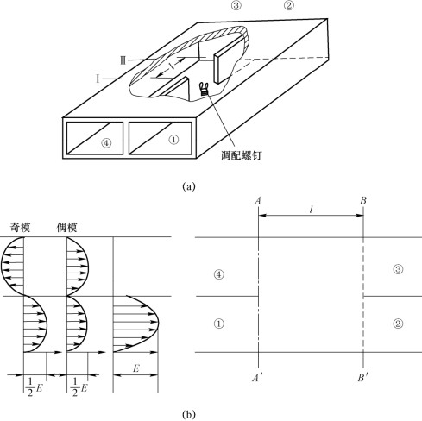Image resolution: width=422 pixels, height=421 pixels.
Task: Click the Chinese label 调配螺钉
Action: click(x=242, y=155)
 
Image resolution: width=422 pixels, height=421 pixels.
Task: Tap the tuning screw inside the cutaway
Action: click(x=205, y=89)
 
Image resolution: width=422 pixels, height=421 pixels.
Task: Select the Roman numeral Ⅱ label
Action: click(x=123, y=60)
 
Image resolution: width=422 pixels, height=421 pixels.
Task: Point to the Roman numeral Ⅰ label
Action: click(x=98, y=79)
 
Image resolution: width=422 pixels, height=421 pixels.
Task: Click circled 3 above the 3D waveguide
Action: click(x=236, y=5)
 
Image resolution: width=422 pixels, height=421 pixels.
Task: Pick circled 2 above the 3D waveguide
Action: click(x=289, y=5)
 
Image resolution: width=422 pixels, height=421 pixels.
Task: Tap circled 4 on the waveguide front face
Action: click(x=106, y=143)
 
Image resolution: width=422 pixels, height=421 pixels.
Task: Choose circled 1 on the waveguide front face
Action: click(x=173, y=140)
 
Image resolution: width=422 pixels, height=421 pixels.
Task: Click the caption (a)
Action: click(x=189, y=186)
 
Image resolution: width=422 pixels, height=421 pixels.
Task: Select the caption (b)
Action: click(x=189, y=414)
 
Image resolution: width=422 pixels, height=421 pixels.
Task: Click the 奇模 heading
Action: click(x=20, y=228)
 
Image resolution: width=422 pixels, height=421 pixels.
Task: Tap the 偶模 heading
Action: click(x=66, y=228)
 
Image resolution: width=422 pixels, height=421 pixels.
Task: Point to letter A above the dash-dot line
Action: click(x=258, y=200)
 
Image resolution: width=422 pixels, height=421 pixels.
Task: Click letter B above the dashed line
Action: click(x=363, y=200)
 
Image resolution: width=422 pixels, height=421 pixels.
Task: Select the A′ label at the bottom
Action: click(x=257, y=378)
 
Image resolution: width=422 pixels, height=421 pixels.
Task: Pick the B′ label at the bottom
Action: click(x=363, y=378)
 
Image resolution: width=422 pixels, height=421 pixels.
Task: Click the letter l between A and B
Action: click(x=311, y=210)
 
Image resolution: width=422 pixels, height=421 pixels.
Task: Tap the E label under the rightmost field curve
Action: click(x=136, y=368)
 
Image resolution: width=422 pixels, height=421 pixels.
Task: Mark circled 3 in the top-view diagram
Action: click(x=398, y=269)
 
